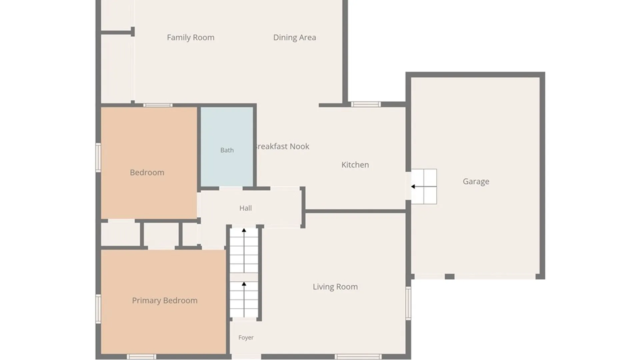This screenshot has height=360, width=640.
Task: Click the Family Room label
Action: (191, 38)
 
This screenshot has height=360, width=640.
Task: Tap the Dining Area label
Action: (295, 38)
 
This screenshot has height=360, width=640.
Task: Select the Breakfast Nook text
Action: (282, 146)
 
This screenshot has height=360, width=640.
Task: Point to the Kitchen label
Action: (355, 165)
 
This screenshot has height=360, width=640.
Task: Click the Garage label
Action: (476, 182)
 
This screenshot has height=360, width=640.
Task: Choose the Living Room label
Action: (335, 287)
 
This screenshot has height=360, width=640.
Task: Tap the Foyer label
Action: (246, 338)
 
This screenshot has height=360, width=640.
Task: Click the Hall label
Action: (246, 208)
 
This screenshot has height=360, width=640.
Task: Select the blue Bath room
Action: (227, 147)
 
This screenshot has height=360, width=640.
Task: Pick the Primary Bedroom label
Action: (165, 301)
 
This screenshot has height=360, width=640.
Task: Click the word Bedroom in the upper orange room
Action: (147, 173)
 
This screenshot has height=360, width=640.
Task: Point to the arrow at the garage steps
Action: (413, 187)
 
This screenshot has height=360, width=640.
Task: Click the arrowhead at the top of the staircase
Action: (244, 230)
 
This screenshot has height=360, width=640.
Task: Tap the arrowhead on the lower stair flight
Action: (244, 284)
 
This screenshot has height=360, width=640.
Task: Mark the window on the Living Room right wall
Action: (408, 303)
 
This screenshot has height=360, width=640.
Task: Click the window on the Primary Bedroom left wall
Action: (98, 309)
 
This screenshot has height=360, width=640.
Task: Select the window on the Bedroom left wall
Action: (98, 158)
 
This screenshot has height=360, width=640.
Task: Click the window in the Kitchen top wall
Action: (366, 104)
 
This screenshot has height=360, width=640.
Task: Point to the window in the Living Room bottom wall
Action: (358, 357)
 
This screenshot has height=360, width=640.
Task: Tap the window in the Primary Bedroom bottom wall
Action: (142, 357)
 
